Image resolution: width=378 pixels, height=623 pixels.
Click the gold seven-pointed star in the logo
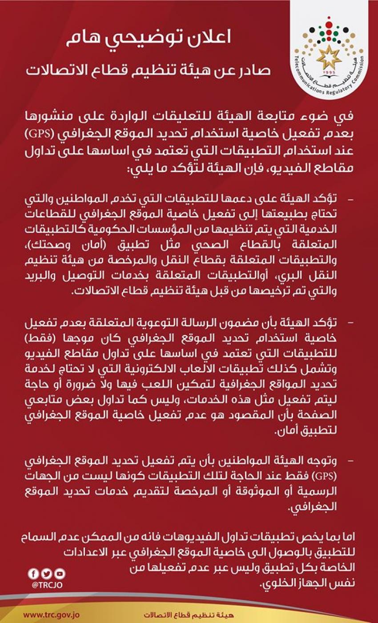tap(330, 57)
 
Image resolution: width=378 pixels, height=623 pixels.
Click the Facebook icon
tap(32, 573)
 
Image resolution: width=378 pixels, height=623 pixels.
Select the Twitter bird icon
tap(46, 573)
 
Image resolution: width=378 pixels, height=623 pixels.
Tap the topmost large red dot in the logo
tap(329, 20)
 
